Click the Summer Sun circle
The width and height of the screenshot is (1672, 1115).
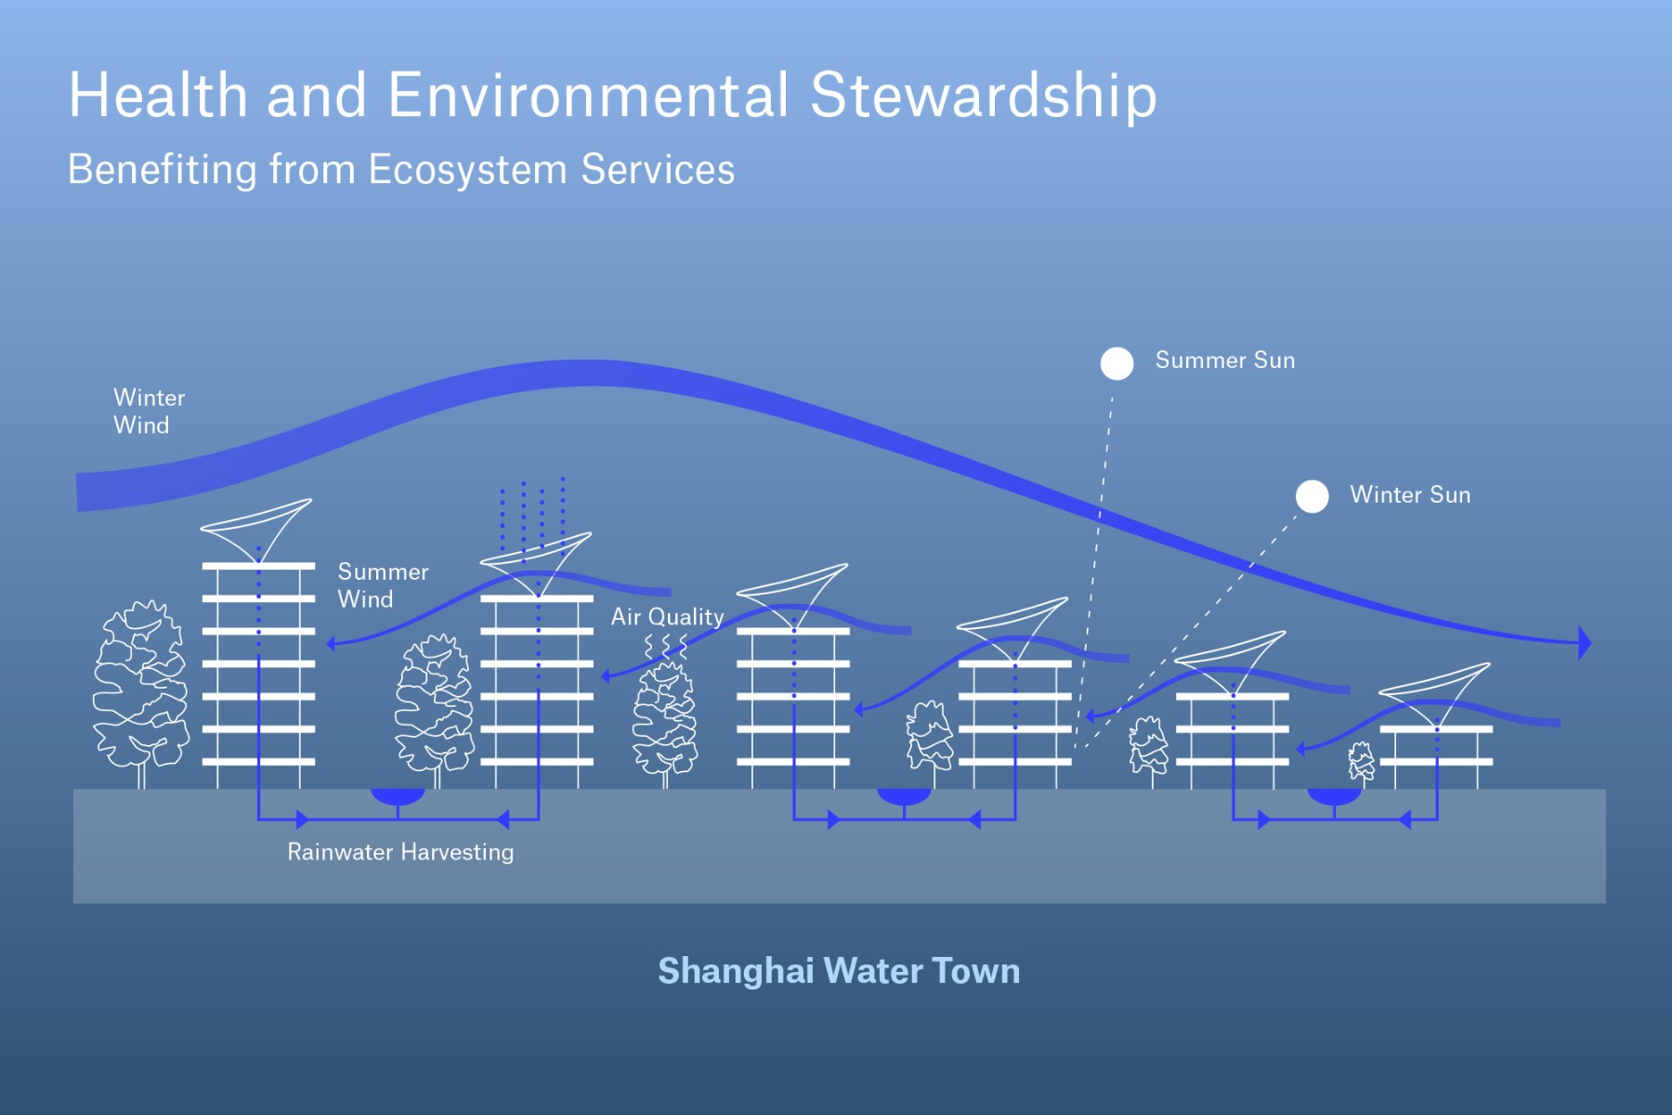point(1117,363)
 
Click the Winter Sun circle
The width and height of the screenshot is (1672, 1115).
point(1312,496)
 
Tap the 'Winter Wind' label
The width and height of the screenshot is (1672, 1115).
point(149,411)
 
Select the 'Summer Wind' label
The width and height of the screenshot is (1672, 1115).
point(383,584)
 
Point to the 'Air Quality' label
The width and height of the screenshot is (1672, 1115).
point(667,616)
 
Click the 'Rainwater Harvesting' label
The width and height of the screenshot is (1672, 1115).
point(400,851)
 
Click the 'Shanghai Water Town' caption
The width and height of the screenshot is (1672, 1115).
point(839,971)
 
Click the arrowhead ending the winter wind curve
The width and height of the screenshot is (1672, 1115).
point(1584,642)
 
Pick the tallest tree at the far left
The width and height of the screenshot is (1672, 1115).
point(140,688)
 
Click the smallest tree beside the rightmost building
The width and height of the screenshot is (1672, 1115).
point(1361,762)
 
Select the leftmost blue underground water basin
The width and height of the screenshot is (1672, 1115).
point(398,796)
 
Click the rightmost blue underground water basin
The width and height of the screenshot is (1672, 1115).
point(1334,796)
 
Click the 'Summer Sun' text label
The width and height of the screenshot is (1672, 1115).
point(1224,361)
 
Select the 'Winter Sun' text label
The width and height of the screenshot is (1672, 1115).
point(1409,494)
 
